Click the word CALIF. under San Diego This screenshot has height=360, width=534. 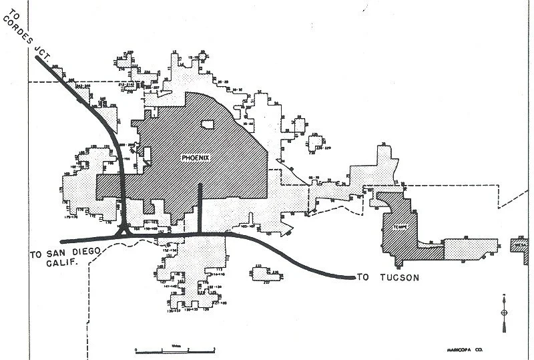[53, 264]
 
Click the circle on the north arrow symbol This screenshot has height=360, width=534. [503, 313]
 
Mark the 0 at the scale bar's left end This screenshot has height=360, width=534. [136, 349]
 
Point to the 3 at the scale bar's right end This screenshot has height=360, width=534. [214, 349]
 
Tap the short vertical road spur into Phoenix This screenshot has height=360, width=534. [200, 207]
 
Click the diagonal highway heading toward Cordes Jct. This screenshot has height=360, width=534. [80, 94]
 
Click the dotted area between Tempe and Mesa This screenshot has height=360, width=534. [471, 249]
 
